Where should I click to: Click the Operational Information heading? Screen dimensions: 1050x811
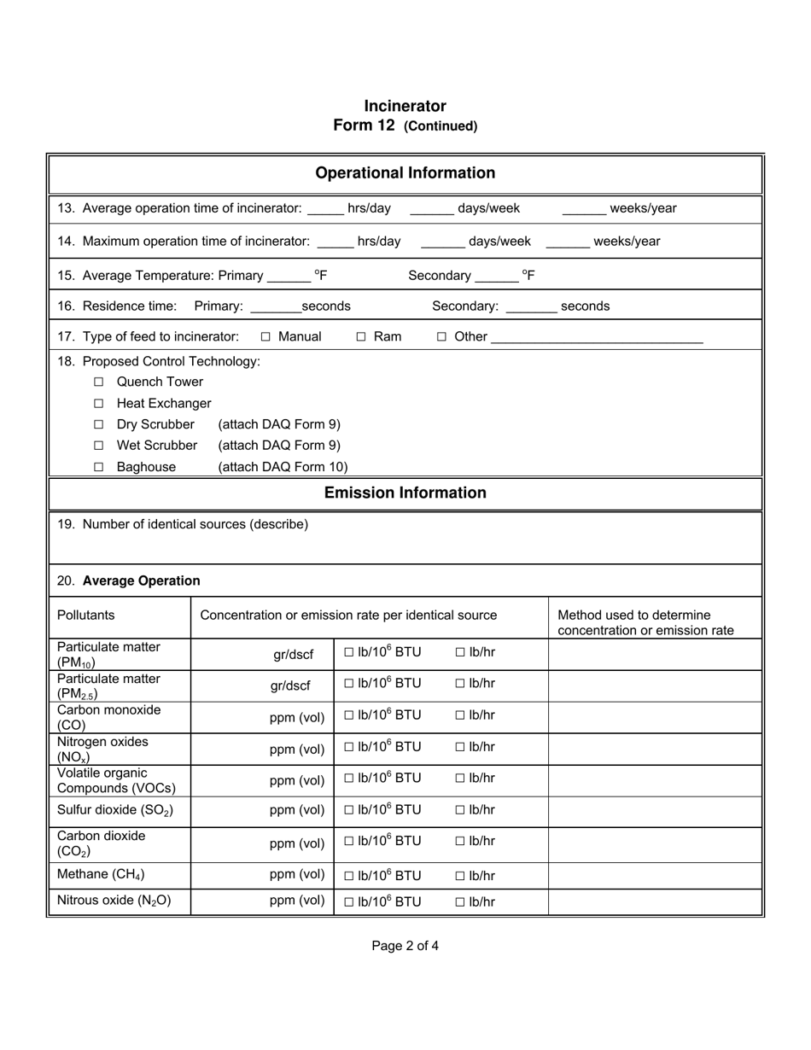click(x=405, y=173)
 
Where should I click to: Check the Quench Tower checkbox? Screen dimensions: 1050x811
click(x=99, y=382)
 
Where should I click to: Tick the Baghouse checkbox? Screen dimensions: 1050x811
click(x=99, y=467)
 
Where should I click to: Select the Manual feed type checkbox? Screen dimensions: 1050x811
click(x=265, y=337)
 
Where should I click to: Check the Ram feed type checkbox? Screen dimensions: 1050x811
click(x=361, y=337)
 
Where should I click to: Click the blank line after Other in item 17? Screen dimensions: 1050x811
click(x=597, y=339)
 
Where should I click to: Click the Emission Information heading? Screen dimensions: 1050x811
click(x=405, y=493)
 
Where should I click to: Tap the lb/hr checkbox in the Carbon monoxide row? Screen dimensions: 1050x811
click(x=460, y=715)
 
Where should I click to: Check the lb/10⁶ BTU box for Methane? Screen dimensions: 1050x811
click(x=349, y=876)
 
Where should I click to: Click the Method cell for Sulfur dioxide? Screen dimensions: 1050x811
click(x=654, y=810)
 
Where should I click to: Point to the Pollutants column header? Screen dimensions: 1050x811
click(x=85, y=615)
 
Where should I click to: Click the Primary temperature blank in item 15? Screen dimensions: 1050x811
click(x=289, y=277)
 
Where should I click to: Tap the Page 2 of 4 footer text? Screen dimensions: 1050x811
click(x=405, y=945)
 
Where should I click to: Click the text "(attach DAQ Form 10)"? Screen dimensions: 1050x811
click(x=283, y=467)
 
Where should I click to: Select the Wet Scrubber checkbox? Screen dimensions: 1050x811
click(x=99, y=446)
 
